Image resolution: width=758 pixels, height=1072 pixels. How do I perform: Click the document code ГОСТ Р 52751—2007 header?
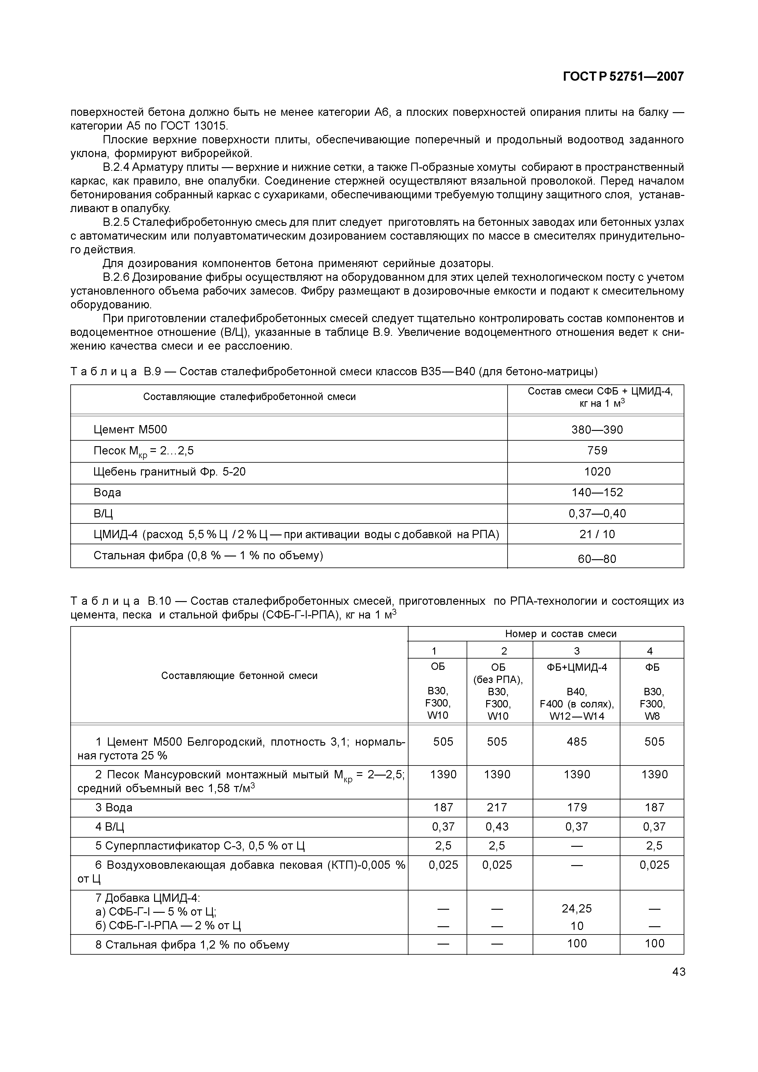(623, 77)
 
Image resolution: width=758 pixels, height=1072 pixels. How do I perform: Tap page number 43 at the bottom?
(679, 972)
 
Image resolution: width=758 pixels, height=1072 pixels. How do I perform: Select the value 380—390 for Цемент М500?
(597, 430)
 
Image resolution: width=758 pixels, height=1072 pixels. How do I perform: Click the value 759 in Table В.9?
(597, 450)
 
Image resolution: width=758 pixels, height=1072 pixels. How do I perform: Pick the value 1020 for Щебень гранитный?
(597, 472)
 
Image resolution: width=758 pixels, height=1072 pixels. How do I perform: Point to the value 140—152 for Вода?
(597, 493)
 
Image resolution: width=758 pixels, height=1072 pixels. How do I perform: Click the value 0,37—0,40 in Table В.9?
(597, 514)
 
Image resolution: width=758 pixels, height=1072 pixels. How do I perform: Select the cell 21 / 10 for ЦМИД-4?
(597, 534)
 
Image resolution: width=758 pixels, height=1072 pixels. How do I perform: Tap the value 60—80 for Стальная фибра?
(597, 559)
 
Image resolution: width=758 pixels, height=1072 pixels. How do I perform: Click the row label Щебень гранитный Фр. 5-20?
(169, 472)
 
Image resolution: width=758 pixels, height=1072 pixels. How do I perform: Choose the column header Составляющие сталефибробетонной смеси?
(250, 397)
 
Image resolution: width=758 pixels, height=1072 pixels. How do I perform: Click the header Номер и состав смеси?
(560, 633)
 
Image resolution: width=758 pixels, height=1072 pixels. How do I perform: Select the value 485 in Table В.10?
(577, 742)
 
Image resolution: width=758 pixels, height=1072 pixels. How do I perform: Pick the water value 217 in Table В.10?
(497, 808)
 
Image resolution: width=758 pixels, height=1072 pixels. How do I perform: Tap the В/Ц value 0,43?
(497, 827)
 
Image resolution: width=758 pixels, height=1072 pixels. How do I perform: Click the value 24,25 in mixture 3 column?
(577, 909)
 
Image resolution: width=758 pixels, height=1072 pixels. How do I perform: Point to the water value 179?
(577, 808)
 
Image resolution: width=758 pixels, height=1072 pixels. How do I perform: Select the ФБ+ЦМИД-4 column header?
(577, 667)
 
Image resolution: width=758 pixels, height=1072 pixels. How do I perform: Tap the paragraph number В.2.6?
(116, 277)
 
